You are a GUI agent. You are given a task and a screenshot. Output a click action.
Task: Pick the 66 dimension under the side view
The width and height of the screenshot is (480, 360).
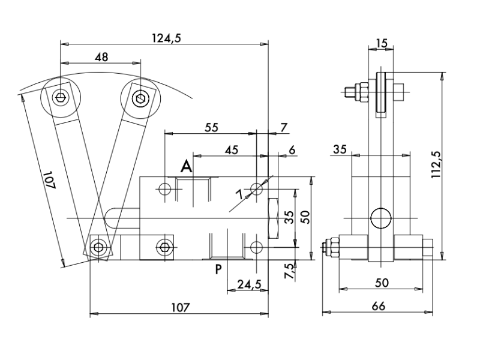click(378, 306)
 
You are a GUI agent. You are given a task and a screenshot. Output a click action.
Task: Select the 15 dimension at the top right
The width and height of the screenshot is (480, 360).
click(382, 43)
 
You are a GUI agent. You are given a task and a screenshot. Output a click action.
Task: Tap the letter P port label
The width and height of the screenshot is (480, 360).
click(219, 268)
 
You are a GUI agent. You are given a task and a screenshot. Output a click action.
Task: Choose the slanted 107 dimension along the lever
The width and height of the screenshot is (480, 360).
click(49, 180)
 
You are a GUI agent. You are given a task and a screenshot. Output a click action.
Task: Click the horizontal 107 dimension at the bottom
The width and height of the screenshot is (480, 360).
click(179, 307)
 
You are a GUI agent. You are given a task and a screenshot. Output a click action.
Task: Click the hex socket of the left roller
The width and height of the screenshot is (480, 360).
click(61, 98)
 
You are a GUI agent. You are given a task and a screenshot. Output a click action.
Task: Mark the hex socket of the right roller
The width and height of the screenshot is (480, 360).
click(140, 97)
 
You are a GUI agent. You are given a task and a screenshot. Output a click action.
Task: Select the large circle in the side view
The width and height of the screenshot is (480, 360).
click(380, 218)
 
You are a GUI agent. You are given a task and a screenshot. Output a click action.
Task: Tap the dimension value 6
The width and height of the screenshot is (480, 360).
click(292, 150)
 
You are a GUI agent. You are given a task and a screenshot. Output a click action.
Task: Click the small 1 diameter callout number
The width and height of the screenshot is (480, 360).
click(240, 193)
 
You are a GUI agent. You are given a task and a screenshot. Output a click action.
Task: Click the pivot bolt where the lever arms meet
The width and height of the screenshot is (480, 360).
click(98, 247)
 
